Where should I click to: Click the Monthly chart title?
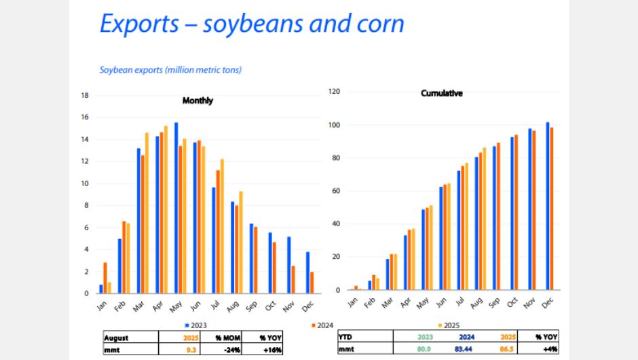(x=198, y=101)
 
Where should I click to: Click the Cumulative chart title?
(x=441, y=93)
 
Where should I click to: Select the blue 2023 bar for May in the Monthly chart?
(x=176, y=208)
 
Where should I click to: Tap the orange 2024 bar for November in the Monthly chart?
(x=293, y=279)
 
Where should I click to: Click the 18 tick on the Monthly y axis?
(x=86, y=95)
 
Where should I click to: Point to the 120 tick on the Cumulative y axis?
(x=335, y=92)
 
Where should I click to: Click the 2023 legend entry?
(x=197, y=325)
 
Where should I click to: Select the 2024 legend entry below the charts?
(x=324, y=325)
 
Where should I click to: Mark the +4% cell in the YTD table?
(x=540, y=349)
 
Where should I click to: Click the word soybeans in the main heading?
(x=252, y=23)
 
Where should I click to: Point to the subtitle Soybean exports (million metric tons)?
(x=170, y=69)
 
